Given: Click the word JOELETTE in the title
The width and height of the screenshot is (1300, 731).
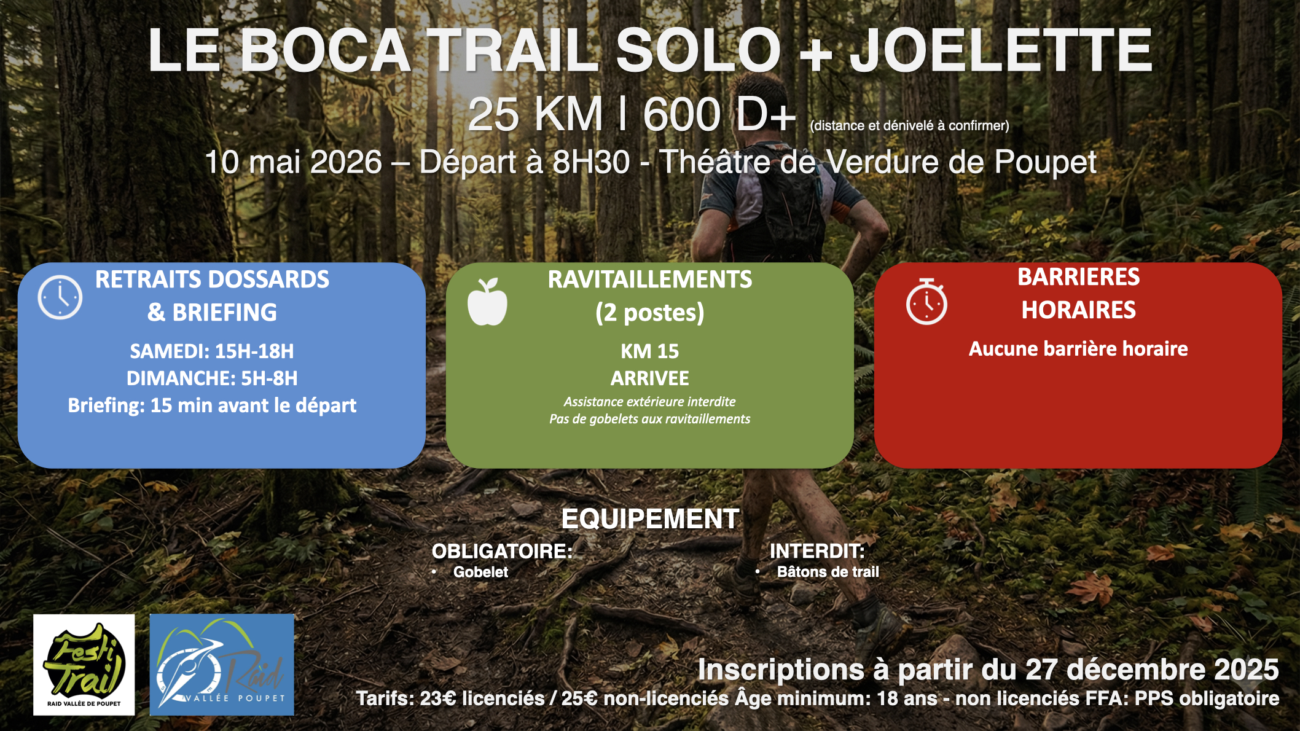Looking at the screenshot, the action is [x=1001, y=50].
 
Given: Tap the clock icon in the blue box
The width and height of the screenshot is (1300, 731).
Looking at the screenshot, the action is [x=60, y=297].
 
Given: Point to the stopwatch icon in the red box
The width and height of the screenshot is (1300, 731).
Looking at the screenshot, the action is [x=926, y=302].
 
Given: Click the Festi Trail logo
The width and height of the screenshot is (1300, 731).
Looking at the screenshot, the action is [x=84, y=665].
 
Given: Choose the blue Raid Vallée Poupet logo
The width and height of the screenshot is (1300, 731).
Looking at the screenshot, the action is [x=222, y=665].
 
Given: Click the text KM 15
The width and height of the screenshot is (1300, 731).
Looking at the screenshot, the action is [x=649, y=351].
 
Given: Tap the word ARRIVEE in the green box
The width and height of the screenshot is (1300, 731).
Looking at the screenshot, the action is [x=649, y=378].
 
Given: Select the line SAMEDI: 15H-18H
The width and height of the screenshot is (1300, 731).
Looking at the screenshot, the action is [x=212, y=351].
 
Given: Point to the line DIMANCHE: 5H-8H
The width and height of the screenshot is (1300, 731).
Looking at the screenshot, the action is [x=212, y=378].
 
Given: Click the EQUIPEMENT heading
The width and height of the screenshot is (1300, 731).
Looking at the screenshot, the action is [x=650, y=519].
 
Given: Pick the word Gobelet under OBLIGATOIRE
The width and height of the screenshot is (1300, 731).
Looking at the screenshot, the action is [x=480, y=572].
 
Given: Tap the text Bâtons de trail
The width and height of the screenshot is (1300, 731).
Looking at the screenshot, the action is [x=828, y=572].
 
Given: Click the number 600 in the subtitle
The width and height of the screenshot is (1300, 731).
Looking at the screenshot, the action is [x=681, y=114].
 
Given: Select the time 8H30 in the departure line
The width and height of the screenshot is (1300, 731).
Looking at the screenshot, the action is [x=591, y=162].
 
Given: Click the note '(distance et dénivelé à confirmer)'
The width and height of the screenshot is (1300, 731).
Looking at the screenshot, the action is [x=909, y=126].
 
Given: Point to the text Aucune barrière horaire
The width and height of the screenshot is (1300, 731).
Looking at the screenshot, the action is [x=1078, y=349].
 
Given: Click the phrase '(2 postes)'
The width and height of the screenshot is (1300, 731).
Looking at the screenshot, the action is [x=649, y=313].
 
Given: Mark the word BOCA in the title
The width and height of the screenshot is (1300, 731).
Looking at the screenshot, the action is [x=326, y=50].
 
